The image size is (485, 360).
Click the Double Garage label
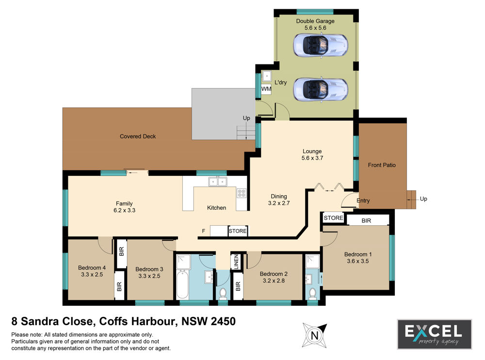click(315, 21)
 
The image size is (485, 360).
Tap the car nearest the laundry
click(321, 90)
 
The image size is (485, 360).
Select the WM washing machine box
click(266, 89)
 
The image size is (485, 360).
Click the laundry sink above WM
click(266, 76)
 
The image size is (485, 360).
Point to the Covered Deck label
click(138, 136)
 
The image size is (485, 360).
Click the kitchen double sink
click(217, 181)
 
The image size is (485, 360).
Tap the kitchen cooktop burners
click(241, 193)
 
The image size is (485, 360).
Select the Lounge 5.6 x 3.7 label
click(312, 155)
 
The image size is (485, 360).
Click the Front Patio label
click(382, 165)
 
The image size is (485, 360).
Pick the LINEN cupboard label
click(236, 262)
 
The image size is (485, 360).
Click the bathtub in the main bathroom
click(182, 284)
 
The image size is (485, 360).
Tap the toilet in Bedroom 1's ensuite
click(312, 294)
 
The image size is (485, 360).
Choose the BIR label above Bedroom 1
click(366, 220)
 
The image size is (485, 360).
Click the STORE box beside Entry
click(334, 218)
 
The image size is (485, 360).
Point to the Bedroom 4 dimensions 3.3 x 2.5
click(92, 274)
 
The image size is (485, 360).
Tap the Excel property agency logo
click(434, 334)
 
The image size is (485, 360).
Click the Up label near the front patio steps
click(423, 199)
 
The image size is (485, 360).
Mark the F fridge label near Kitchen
click(204, 231)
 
